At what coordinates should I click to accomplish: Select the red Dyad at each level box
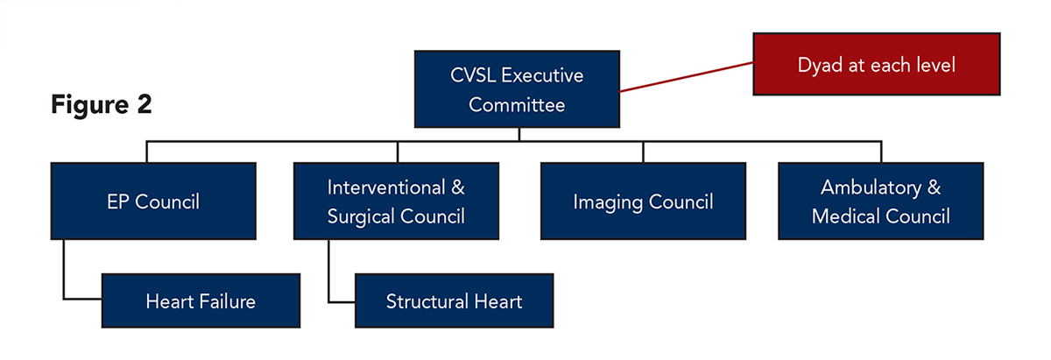(x=877, y=65)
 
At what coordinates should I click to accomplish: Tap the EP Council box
(x=153, y=201)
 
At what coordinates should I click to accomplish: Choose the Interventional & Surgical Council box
(x=396, y=201)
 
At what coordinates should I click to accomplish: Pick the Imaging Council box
(x=643, y=201)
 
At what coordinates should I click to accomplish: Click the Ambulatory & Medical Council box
(x=881, y=201)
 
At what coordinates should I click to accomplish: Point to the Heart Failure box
(x=201, y=301)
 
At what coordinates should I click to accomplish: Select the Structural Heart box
(x=454, y=301)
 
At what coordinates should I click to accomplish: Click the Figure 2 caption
(x=102, y=105)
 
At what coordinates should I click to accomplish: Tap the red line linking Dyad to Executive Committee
(x=687, y=77)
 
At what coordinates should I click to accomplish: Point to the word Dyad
(x=818, y=65)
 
